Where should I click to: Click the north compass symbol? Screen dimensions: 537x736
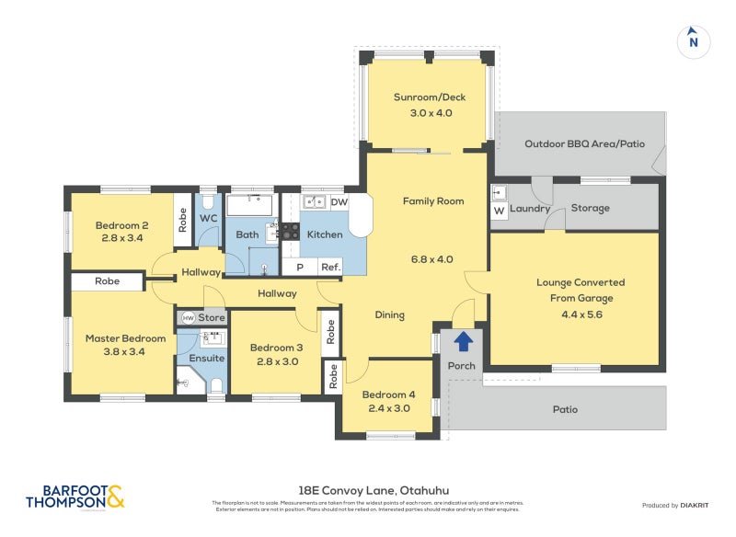[x=694, y=41]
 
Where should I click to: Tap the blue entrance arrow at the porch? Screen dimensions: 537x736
[x=463, y=342]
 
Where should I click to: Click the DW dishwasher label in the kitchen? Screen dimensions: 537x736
[x=338, y=202]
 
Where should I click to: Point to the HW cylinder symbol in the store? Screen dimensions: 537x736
[x=188, y=317]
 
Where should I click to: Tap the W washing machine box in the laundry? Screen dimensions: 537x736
[x=499, y=210]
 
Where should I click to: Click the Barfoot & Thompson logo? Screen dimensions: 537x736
[x=75, y=497]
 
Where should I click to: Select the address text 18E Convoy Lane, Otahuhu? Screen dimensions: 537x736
[x=367, y=490]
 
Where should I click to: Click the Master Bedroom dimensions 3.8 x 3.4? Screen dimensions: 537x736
[x=125, y=353]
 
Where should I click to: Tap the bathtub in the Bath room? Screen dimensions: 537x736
[x=249, y=204]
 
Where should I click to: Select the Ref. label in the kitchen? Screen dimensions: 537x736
[x=329, y=268]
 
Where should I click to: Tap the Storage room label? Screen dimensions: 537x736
[x=590, y=208]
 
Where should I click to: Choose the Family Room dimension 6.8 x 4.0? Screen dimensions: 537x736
[x=431, y=259]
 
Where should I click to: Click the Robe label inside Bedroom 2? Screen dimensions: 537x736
[x=183, y=221]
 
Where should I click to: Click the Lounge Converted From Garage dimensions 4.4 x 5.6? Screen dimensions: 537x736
[x=580, y=314]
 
